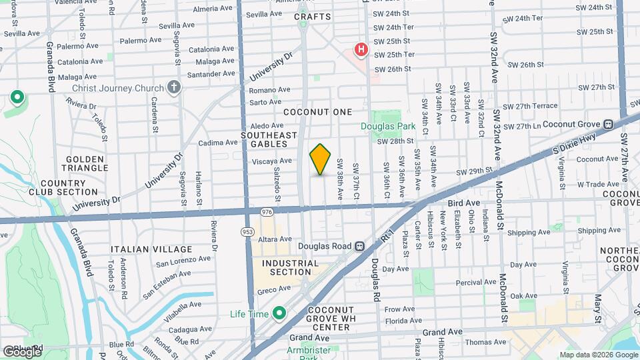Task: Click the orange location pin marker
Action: point(321,159)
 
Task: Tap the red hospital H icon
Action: point(361,50)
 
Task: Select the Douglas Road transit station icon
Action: point(359,246)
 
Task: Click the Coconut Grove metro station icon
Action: point(608,125)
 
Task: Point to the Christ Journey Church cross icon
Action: point(174,88)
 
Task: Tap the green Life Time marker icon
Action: point(279,313)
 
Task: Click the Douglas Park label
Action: point(388,126)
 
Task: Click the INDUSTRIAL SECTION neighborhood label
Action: point(290,267)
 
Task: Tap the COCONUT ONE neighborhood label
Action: point(317,112)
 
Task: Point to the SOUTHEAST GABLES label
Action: point(269,139)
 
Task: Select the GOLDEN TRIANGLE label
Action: point(85,163)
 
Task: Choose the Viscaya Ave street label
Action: point(272,161)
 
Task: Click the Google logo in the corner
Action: point(22,351)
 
